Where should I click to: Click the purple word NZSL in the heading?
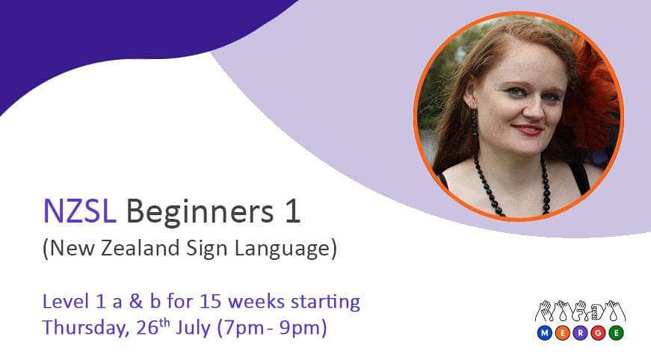tap(78, 212)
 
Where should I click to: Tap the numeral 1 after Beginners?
tap(292, 212)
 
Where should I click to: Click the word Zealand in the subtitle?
tap(137, 249)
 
